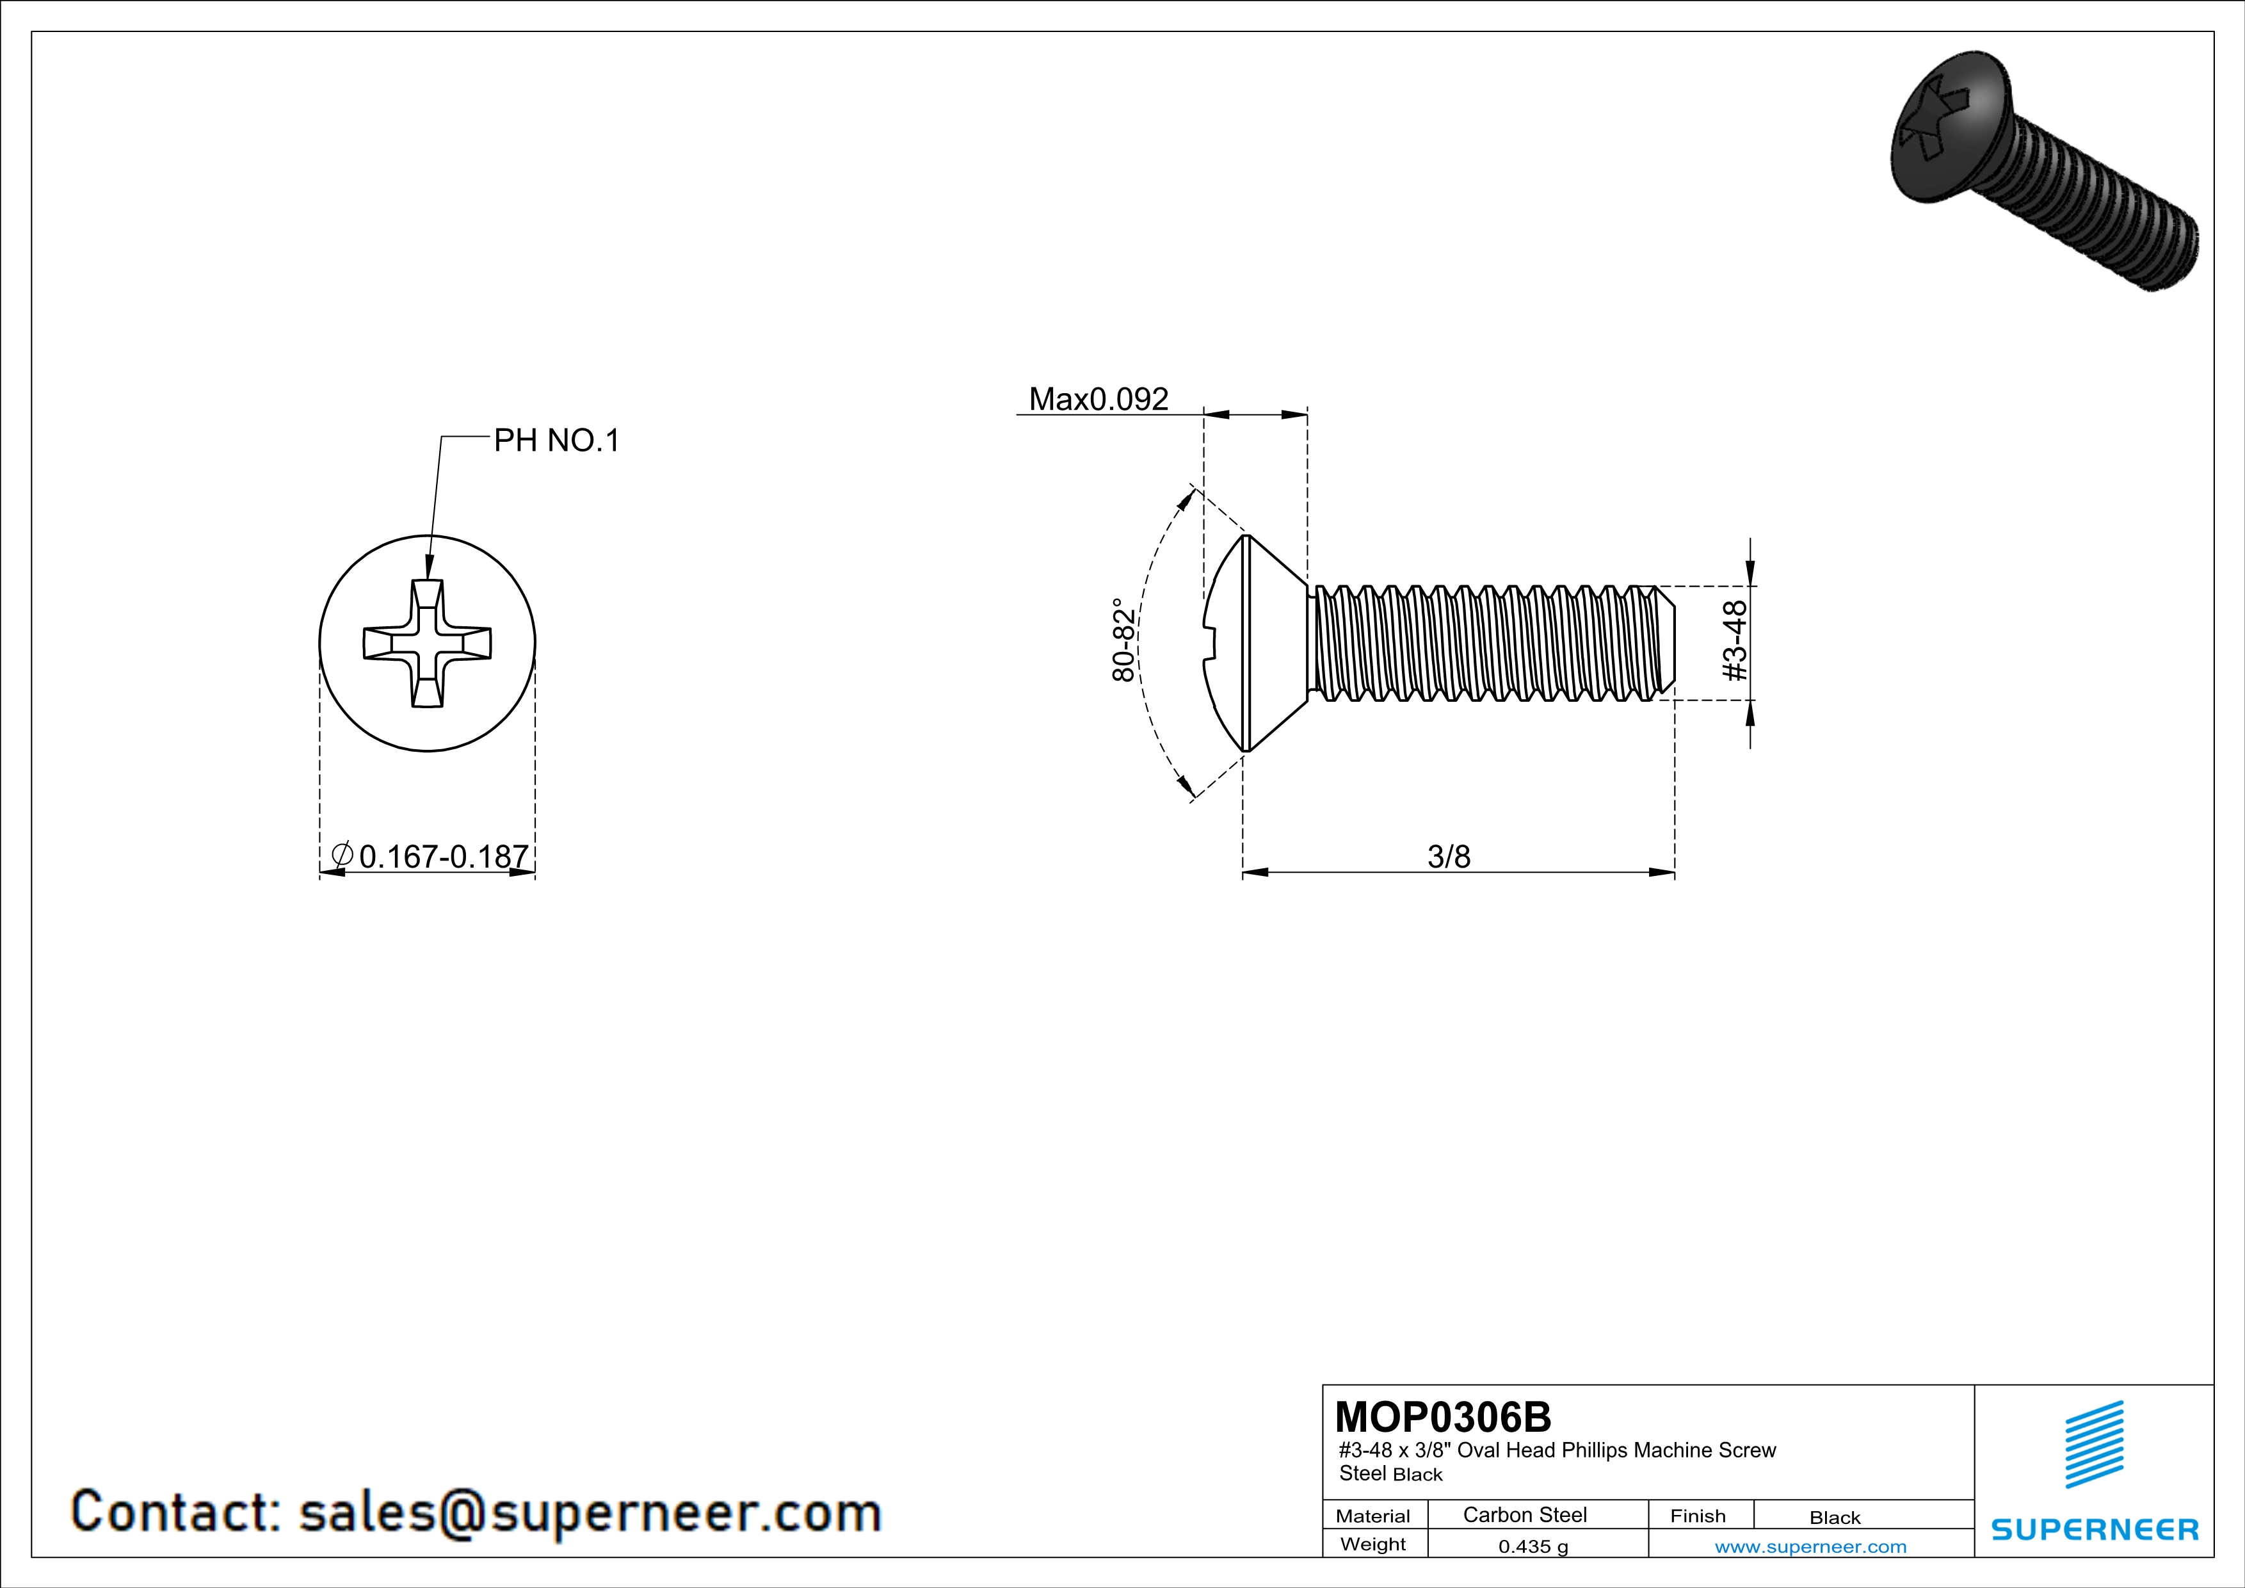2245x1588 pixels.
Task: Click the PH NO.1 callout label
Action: pyautogui.click(x=556, y=441)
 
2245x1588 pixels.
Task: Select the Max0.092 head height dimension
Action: pyautogui.click(x=1098, y=399)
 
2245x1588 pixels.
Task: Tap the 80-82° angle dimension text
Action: pyautogui.click(x=1125, y=640)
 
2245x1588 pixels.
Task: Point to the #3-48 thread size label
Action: pyautogui.click(x=1734, y=642)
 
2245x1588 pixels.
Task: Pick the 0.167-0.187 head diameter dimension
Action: pyautogui.click(x=431, y=857)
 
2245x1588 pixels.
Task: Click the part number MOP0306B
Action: pyautogui.click(x=1443, y=1417)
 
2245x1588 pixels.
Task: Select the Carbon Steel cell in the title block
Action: pyautogui.click(x=1524, y=1514)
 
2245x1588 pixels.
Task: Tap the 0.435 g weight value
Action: pyautogui.click(x=1533, y=1546)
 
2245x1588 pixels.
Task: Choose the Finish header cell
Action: pyautogui.click(x=1698, y=1516)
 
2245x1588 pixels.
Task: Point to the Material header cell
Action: pyautogui.click(x=1373, y=1516)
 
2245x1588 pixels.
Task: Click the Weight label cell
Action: pyautogui.click(x=1373, y=1544)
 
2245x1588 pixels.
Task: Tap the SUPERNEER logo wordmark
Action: pyautogui.click(x=2095, y=1529)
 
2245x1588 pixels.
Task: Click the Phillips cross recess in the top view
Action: pyautogui.click(x=427, y=644)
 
